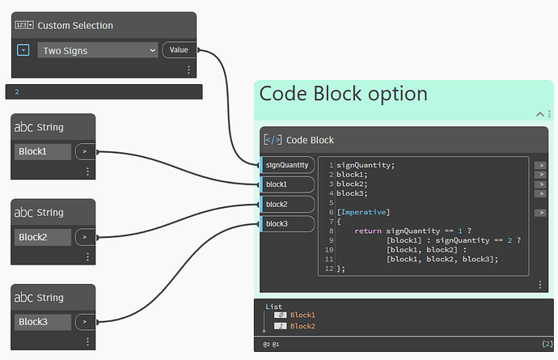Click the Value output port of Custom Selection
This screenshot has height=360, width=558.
point(179,50)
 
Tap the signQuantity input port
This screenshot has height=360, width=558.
point(286,165)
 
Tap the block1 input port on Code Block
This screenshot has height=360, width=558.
point(286,184)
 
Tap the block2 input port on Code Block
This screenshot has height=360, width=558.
point(286,204)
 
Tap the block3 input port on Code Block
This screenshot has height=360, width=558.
point(286,223)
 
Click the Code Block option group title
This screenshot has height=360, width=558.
point(343,94)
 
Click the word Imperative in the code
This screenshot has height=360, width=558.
point(363,212)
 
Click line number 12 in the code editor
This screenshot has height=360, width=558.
point(329,269)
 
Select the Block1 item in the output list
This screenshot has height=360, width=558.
point(302,315)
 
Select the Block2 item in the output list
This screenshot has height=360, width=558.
point(302,326)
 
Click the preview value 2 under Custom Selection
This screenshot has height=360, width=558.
point(17,92)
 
